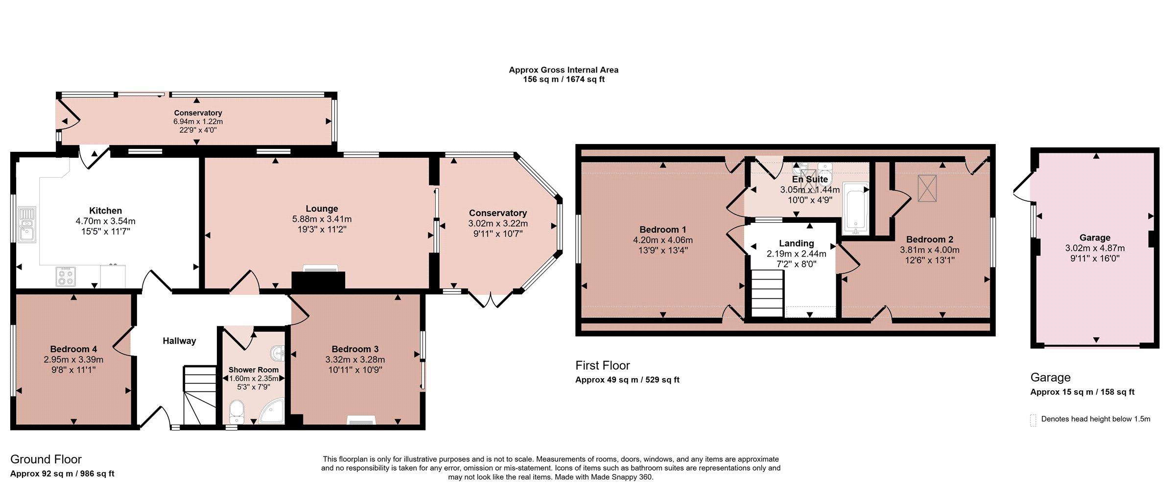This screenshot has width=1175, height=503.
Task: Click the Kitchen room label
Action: tap(105, 211)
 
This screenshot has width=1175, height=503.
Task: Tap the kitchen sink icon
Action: tap(27, 224)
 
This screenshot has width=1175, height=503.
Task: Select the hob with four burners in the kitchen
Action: tap(66, 277)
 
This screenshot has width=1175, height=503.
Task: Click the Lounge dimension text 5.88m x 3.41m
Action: tap(322, 219)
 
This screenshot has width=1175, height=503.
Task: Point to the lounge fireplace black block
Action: tap(318, 281)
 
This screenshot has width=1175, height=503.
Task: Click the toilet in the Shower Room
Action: tap(236, 412)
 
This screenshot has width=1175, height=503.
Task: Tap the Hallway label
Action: tap(179, 341)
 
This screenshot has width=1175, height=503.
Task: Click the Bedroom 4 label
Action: tap(73, 349)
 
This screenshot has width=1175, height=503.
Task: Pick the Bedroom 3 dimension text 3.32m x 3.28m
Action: tap(355, 359)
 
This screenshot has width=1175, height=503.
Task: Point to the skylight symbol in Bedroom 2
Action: tap(927, 188)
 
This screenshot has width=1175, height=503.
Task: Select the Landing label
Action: tap(797, 243)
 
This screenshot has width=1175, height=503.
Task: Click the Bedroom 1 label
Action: tap(663, 229)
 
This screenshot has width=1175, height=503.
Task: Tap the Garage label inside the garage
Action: tap(1095, 238)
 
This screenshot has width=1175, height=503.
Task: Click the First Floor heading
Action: tap(602, 365)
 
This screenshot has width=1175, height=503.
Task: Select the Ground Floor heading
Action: tap(46, 459)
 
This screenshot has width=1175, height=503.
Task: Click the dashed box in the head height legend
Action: tap(1033, 420)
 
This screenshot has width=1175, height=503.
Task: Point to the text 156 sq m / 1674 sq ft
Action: tap(564, 79)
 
